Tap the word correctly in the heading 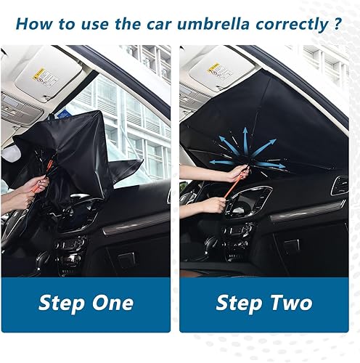pos(290,22)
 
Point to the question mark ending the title pos(338,22)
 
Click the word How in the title pos(32,22)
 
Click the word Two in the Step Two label pos(290,302)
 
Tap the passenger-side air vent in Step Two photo pos(339,185)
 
